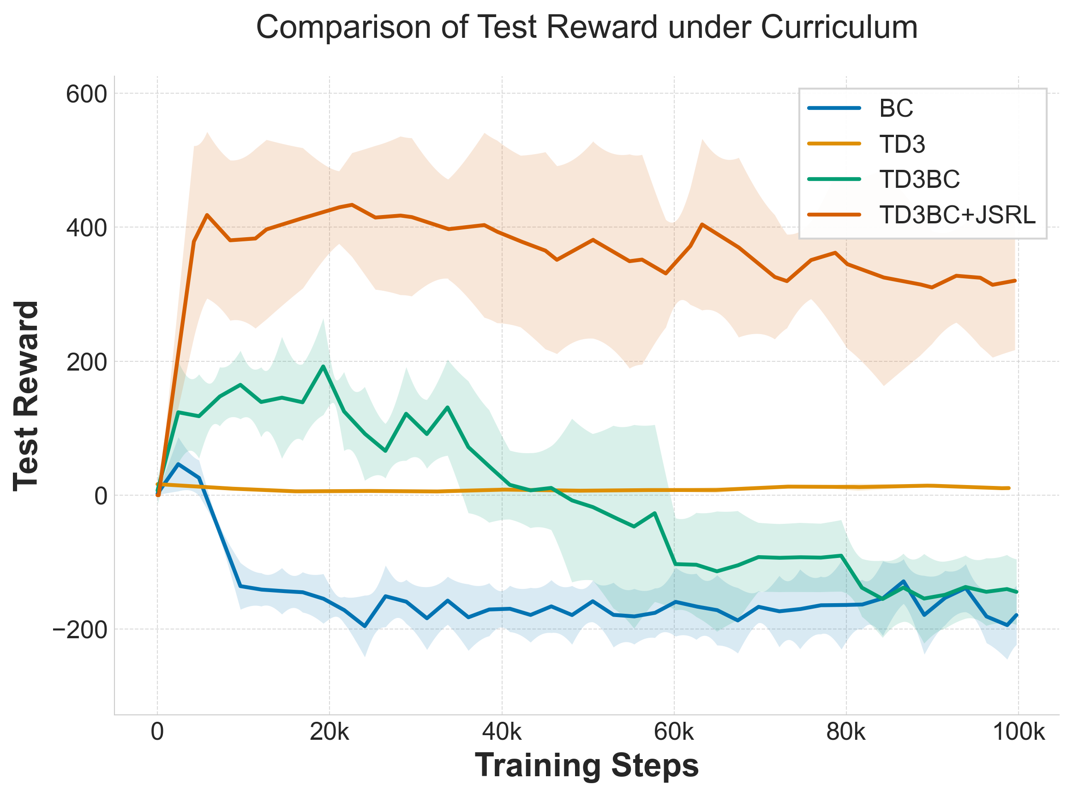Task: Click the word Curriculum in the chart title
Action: click(839, 27)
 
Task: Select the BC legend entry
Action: click(896, 108)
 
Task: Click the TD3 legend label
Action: click(902, 144)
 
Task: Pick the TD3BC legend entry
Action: click(919, 180)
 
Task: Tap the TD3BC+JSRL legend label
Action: click(957, 215)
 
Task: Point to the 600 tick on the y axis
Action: click(86, 94)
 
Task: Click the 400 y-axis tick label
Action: click(86, 228)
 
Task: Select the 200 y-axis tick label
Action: click(86, 362)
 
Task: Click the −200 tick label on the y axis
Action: click(79, 630)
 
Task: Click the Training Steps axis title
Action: click(587, 766)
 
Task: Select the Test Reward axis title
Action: click(26, 396)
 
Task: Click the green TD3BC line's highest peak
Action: click(323, 366)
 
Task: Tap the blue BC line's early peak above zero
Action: click(179, 464)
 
